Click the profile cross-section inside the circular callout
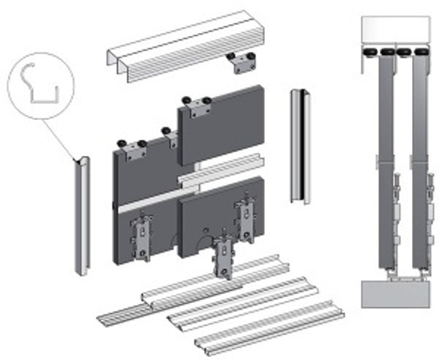click(41, 83)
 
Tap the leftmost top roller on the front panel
click(119, 142)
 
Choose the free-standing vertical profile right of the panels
click(301, 150)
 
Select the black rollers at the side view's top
click(389, 52)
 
